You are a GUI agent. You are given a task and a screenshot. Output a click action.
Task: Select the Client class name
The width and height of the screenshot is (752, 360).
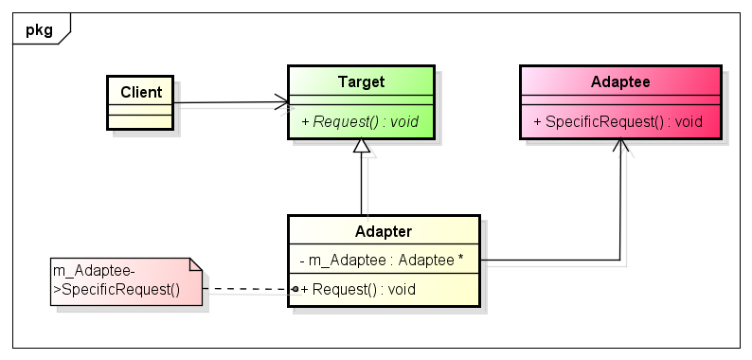[141, 92]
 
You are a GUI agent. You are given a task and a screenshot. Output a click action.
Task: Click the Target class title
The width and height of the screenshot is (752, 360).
[361, 82]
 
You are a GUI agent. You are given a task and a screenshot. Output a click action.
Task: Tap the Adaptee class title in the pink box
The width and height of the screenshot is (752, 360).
[619, 82]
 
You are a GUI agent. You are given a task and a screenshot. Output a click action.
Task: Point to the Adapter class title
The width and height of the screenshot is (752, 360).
[383, 231]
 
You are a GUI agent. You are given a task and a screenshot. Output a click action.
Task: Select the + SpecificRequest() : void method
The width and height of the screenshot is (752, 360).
[618, 121]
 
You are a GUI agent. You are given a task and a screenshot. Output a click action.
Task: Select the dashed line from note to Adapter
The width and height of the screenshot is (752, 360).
[246, 289]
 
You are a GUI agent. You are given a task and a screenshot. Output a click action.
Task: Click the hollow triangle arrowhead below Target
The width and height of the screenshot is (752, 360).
[361, 147]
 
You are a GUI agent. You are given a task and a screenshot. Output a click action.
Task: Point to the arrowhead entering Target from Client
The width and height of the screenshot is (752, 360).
[281, 101]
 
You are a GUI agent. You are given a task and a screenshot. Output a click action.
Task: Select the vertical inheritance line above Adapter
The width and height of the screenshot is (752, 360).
[361, 185]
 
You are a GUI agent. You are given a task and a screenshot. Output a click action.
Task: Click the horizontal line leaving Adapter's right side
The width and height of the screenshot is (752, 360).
[549, 260]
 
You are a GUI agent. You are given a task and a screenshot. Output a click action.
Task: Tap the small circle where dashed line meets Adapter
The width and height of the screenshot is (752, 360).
[295, 289]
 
